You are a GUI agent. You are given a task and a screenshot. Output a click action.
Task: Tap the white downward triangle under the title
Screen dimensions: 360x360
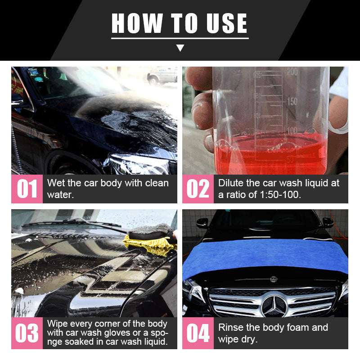coord(180,48)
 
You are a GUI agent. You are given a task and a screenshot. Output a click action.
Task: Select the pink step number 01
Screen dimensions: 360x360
coord(27,189)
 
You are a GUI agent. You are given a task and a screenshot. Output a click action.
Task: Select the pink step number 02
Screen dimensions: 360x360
coord(198,189)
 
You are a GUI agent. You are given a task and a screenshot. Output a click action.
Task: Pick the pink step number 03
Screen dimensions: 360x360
coord(27,333)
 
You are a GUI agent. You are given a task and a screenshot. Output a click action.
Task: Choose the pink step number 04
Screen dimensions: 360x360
coord(198,333)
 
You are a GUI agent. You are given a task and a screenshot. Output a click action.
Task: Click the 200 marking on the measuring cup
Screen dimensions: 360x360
coord(292,72)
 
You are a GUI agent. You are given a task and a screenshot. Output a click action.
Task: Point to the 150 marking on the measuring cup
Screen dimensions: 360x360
coord(292,101)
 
